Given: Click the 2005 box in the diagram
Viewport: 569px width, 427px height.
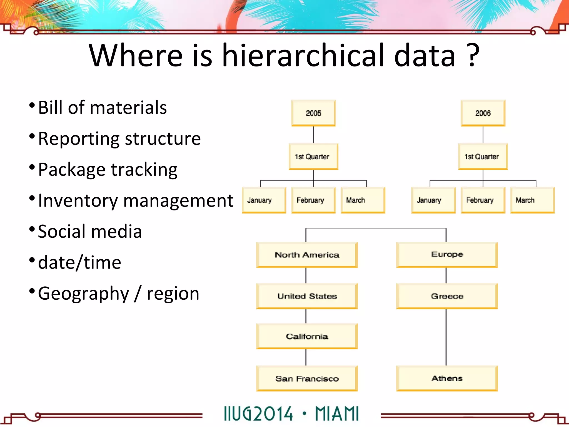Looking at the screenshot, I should [313, 113].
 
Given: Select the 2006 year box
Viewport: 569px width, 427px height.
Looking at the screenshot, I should [483, 113].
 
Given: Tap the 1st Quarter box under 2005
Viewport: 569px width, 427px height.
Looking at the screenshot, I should [313, 157].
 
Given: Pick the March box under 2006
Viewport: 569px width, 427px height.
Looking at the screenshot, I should [532, 200].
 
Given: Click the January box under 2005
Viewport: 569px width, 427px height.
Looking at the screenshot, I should [264, 200].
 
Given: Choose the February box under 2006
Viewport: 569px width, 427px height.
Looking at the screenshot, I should [483, 200].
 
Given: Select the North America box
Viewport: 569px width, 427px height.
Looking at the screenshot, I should [307, 255].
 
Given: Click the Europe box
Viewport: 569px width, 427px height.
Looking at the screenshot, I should [447, 255].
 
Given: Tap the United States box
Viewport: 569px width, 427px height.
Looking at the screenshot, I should [307, 296].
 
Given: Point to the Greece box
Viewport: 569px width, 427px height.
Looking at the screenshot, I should [447, 296].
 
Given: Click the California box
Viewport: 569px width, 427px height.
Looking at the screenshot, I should [307, 336].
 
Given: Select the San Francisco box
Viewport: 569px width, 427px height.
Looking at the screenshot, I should [307, 378].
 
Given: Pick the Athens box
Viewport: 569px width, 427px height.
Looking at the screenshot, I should [447, 378].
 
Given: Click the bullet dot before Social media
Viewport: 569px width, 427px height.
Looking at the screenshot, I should [32, 229].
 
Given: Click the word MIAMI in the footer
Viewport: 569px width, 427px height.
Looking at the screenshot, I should [337, 414].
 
